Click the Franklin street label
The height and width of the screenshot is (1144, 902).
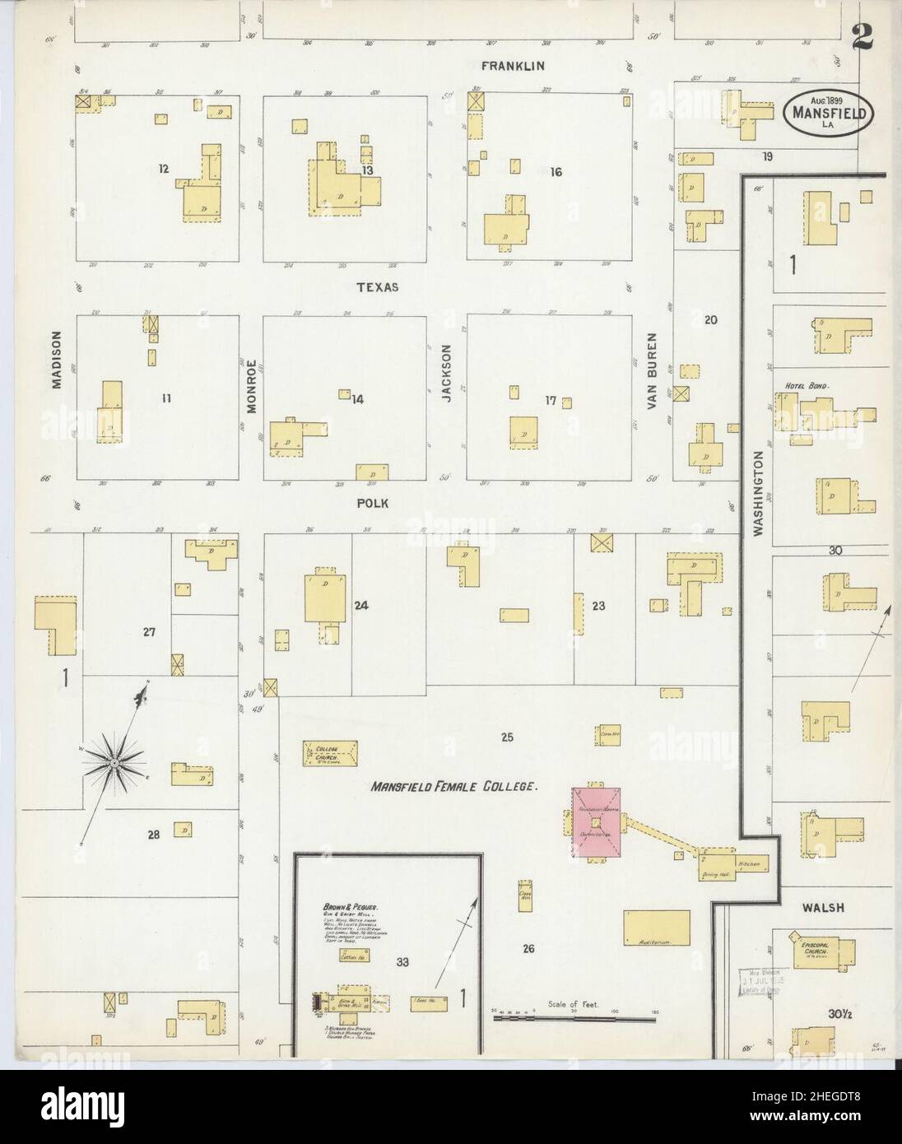515,66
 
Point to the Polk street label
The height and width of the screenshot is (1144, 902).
371,503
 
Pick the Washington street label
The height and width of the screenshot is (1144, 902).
758,494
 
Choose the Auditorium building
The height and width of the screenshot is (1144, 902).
656,928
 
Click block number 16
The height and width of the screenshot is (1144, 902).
556,172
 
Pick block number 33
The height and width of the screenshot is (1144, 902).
402,961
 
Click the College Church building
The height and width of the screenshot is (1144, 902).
332,751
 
